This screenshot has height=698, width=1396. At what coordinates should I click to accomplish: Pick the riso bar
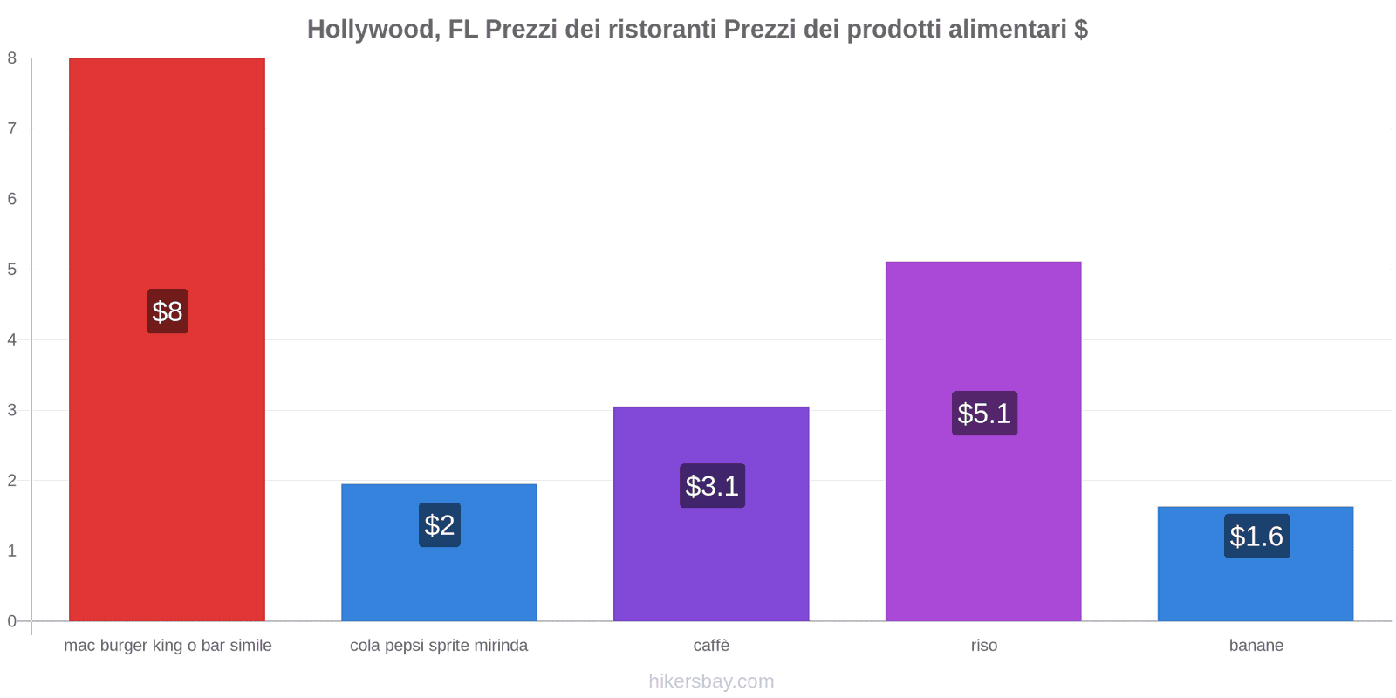tap(983, 332)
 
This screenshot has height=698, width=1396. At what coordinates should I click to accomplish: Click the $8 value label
tap(168, 311)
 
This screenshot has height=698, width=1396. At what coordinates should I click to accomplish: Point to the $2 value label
tap(440, 525)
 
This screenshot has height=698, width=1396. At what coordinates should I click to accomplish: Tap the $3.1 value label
tap(712, 486)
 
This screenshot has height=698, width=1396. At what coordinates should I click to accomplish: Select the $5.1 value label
tap(984, 414)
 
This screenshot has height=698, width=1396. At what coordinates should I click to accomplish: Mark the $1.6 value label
tap(1256, 537)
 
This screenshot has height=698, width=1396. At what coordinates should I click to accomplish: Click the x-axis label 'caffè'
tap(711, 646)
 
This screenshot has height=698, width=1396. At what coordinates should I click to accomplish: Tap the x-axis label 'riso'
tap(984, 646)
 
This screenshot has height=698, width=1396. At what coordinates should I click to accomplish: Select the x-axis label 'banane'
tap(1256, 646)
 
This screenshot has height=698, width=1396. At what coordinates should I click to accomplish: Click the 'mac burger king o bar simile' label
tap(168, 646)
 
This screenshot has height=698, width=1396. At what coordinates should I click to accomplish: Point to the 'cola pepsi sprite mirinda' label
tap(439, 646)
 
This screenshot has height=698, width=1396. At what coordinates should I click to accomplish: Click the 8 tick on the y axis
tap(12, 58)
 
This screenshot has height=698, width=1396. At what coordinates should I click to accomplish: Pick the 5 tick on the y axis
tap(12, 270)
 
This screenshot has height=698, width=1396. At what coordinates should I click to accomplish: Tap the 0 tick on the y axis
tap(12, 621)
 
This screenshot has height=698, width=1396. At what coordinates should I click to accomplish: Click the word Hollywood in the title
tap(371, 30)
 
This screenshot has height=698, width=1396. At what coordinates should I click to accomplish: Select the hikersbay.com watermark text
tap(711, 681)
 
